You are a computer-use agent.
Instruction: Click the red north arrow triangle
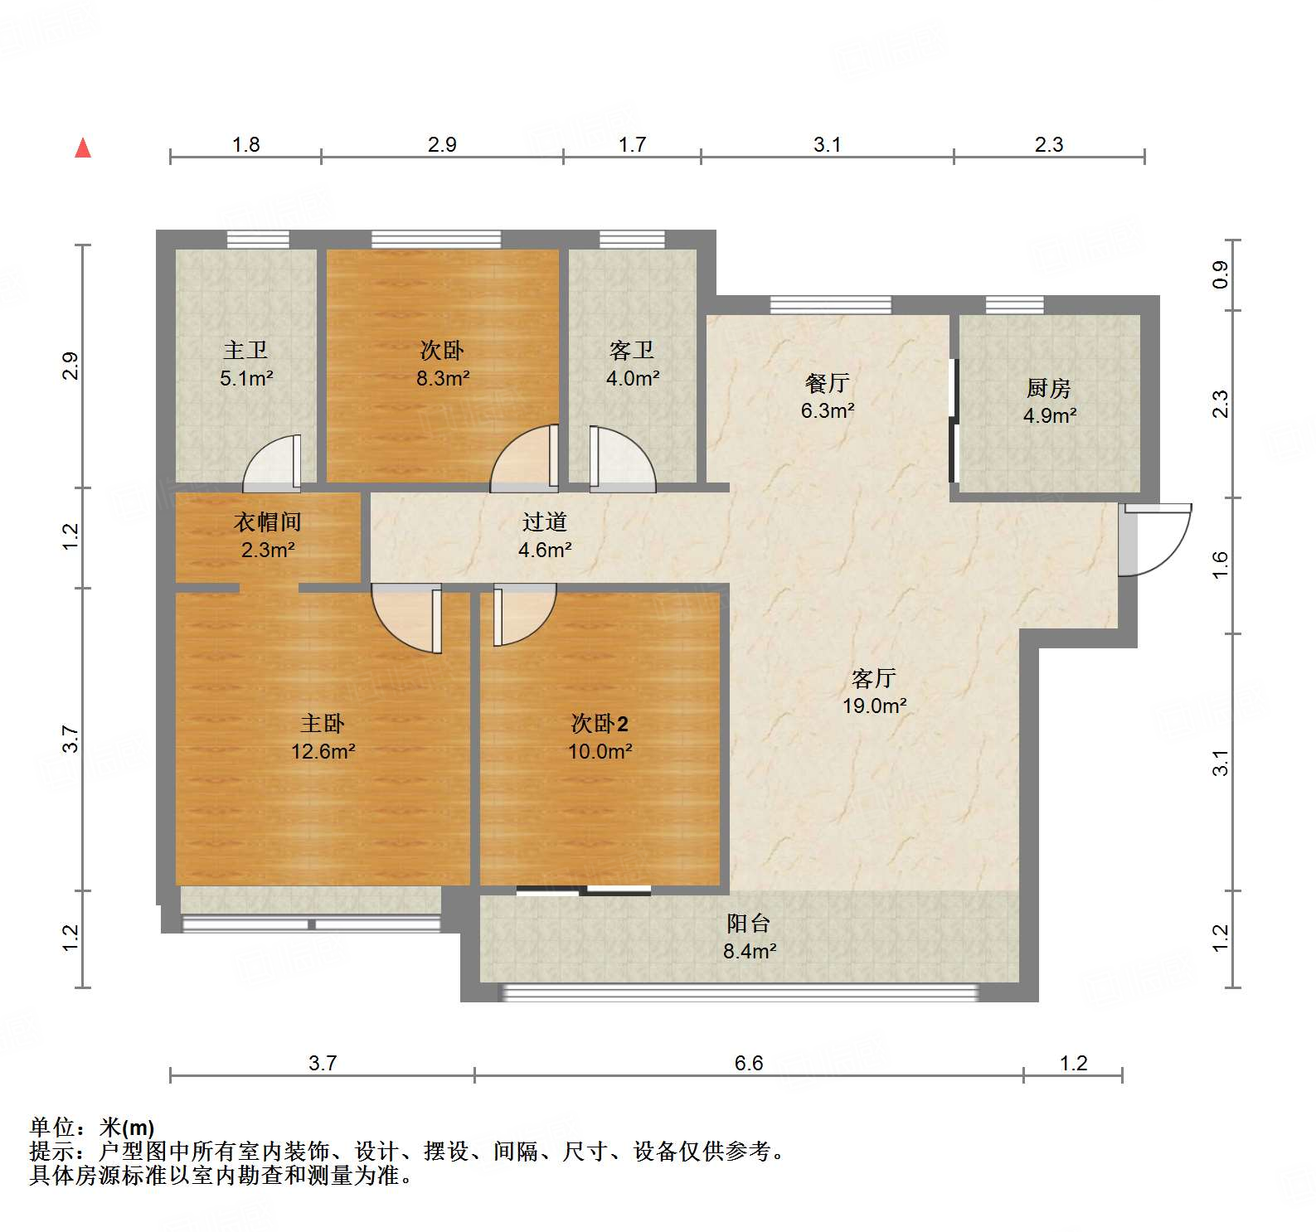click(83, 148)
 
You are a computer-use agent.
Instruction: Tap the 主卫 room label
click(245, 350)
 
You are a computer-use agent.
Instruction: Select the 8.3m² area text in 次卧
click(443, 379)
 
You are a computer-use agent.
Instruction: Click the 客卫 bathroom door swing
click(620, 458)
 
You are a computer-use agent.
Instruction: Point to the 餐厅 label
click(827, 383)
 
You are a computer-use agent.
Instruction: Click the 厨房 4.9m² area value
click(1049, 416)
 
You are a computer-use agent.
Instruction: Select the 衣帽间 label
click(267, 521)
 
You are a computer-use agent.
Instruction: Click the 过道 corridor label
click(545, 521)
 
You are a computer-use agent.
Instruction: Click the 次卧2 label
click(600, 724)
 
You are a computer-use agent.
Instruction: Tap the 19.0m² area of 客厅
click(874, 706)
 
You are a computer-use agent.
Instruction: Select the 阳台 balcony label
click(749, 923)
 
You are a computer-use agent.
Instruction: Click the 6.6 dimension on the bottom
click(748, 1063)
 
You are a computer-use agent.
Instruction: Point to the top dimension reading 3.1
click(827, 145)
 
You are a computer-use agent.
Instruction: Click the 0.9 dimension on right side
click(1220, 274)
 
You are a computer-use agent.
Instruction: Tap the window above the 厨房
click(1014, 304)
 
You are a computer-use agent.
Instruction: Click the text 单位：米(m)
click(92, 1128)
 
